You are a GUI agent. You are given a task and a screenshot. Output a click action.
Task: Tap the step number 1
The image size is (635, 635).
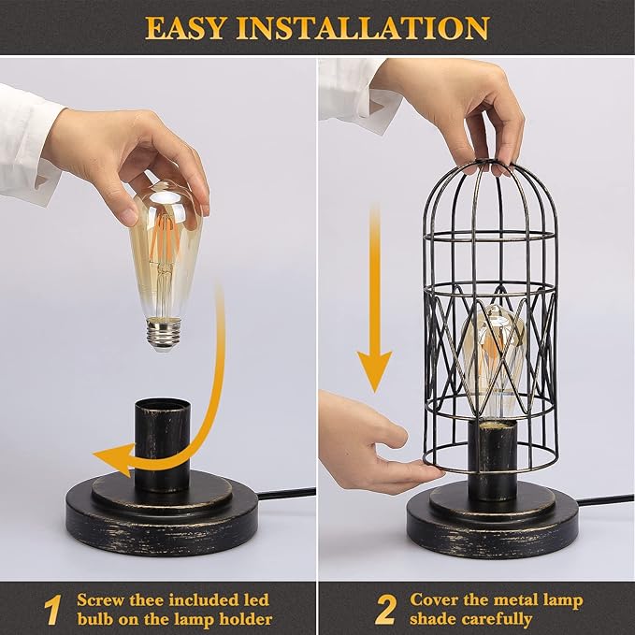click(52, 610)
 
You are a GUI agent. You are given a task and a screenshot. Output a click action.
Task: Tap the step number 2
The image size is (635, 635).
click(384, 610)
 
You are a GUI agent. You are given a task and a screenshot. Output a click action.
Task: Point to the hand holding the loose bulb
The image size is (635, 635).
click(122, 154)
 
